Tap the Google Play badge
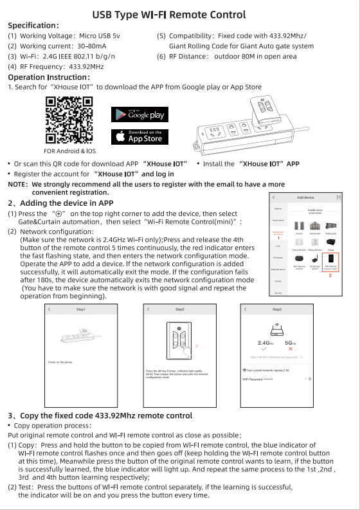coord(140,114)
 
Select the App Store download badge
coord(140,136)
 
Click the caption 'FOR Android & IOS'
coord(69,151)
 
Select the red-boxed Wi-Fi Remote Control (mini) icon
coord(330,262)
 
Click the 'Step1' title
coord(81,310)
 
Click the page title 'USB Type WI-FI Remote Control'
coord(169,14)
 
